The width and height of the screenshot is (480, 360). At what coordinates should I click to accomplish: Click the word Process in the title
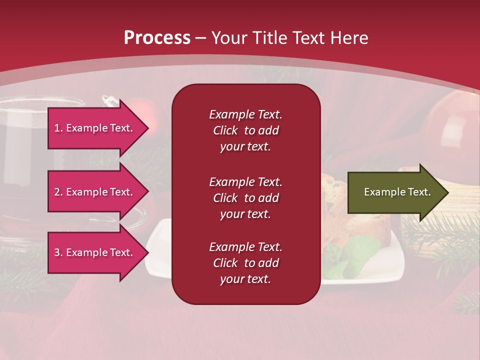(157, 38)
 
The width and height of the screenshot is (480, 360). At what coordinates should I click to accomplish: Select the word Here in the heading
(349, 38)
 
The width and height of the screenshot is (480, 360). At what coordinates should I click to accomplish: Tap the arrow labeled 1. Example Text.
(95, 128)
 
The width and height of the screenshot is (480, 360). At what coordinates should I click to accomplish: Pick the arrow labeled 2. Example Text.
(95, 192)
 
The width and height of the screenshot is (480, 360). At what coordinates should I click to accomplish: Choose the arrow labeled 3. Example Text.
(95, 252)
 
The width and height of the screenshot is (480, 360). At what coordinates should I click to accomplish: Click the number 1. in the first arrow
(58, 128)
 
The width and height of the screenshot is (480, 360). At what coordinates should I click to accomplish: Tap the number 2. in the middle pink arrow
(58, 192)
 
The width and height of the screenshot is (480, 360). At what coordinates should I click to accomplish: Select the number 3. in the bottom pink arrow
(58, 252)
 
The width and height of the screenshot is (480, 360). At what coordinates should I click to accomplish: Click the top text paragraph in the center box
(245, 130)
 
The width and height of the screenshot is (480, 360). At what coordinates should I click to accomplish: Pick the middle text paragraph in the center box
(245, 198)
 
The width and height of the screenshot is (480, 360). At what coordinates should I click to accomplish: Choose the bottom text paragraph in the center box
(245, 263)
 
